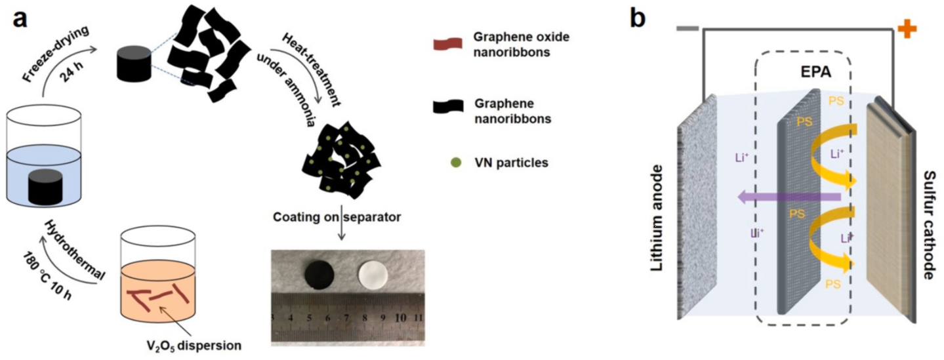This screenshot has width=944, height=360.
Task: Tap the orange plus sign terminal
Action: tap(906, 28)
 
